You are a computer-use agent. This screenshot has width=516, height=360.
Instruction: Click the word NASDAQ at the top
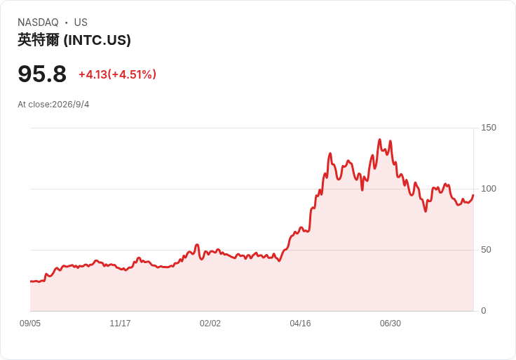click(x=38, y=22)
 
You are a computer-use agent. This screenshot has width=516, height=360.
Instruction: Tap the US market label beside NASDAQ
click(x=81, y=22)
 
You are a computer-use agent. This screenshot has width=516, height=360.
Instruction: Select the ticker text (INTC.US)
click(x=97, y=40)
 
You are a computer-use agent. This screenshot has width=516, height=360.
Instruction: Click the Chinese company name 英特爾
click(x=39, y=40)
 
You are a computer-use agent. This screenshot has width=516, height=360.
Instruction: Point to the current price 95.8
click(x=42, y=74)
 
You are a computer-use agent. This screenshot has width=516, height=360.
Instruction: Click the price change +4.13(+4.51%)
click(x=117, y=74)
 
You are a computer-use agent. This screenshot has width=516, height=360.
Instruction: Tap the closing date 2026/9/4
click(x=70, y=105)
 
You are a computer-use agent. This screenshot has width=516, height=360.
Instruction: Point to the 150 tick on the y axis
click(x=489, y=128)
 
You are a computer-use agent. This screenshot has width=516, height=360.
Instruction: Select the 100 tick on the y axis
click(x=489, y=189)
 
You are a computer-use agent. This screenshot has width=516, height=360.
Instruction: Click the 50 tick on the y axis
click(x=486, y=250)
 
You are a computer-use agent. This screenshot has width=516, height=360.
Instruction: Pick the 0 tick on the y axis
click(x=484, y=311)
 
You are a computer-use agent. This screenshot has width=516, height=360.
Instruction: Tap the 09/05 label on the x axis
click(x=30, y=324)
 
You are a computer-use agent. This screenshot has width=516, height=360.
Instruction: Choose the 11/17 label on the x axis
click(x=120, y=324)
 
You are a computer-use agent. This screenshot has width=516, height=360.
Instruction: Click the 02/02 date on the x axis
click(x=210, y=324)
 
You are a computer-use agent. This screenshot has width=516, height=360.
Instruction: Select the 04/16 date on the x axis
click(x=300, y=324)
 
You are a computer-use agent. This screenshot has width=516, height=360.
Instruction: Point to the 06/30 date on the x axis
click(x=391, y=324)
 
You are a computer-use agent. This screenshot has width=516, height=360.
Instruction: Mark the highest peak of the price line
click(x=379, y=140)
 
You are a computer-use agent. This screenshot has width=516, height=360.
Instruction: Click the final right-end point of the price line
click(x=473, y=195)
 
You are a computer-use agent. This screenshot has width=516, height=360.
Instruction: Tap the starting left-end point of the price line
click(x=31, y=281)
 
